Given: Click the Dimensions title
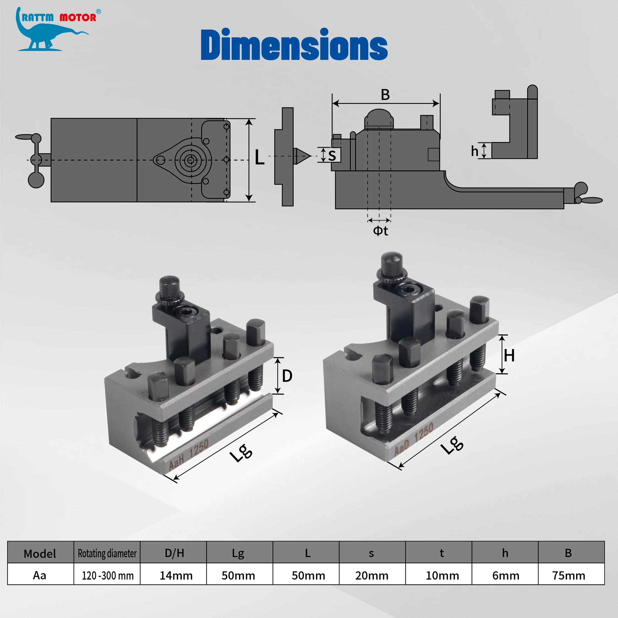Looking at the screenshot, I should (x=294, y=45).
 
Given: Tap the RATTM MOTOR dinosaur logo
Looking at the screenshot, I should (x=53, y=30).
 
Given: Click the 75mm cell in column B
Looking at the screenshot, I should (x=568, y=575).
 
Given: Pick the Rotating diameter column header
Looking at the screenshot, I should (x=107, y=553).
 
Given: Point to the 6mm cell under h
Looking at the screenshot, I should (x=506, y=575).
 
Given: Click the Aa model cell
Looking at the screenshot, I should (x=40, y=575).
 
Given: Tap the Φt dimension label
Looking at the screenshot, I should (x=380, y=231).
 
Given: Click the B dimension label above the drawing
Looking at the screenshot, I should (x=385, y=95).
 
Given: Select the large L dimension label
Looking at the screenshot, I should (x=259, y=158).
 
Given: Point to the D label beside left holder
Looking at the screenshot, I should (x=287, y=376).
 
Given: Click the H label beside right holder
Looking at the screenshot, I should (x=509, y=356).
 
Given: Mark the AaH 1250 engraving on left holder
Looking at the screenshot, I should (x=189, y=455).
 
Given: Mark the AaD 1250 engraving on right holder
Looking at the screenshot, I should (x=414, y=439).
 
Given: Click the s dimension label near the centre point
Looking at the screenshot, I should (x=332, y=155).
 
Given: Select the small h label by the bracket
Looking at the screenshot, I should (x=474, y=151).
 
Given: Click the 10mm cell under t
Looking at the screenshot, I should (x=442, y=575).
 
